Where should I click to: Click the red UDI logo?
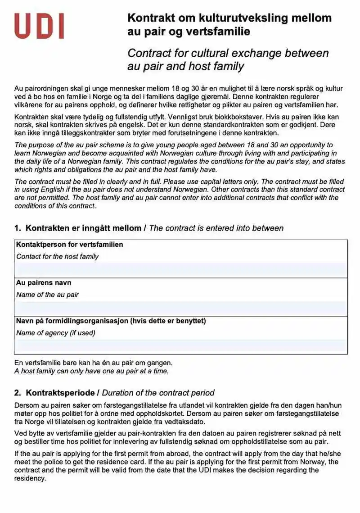click(39, 26)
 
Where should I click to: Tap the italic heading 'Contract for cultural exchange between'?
click(228, 53)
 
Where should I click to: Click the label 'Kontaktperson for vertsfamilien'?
click(70, 245)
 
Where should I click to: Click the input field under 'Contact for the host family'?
click(181, 269)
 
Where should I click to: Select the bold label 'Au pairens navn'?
click(44, 283)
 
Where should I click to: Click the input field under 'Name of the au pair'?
click(181, 308)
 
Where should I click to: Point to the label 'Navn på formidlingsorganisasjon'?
click(72, 321)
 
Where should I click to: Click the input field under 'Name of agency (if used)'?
click(181, 346)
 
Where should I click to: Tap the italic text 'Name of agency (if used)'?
click(56, 333)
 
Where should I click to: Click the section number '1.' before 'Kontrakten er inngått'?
click(18, 228)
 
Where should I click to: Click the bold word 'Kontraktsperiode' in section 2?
click(60, 393)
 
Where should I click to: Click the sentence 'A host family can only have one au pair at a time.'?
click(91, 372)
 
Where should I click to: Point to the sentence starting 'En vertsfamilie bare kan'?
click(93, 363)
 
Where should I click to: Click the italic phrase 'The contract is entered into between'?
click(216, 228)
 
